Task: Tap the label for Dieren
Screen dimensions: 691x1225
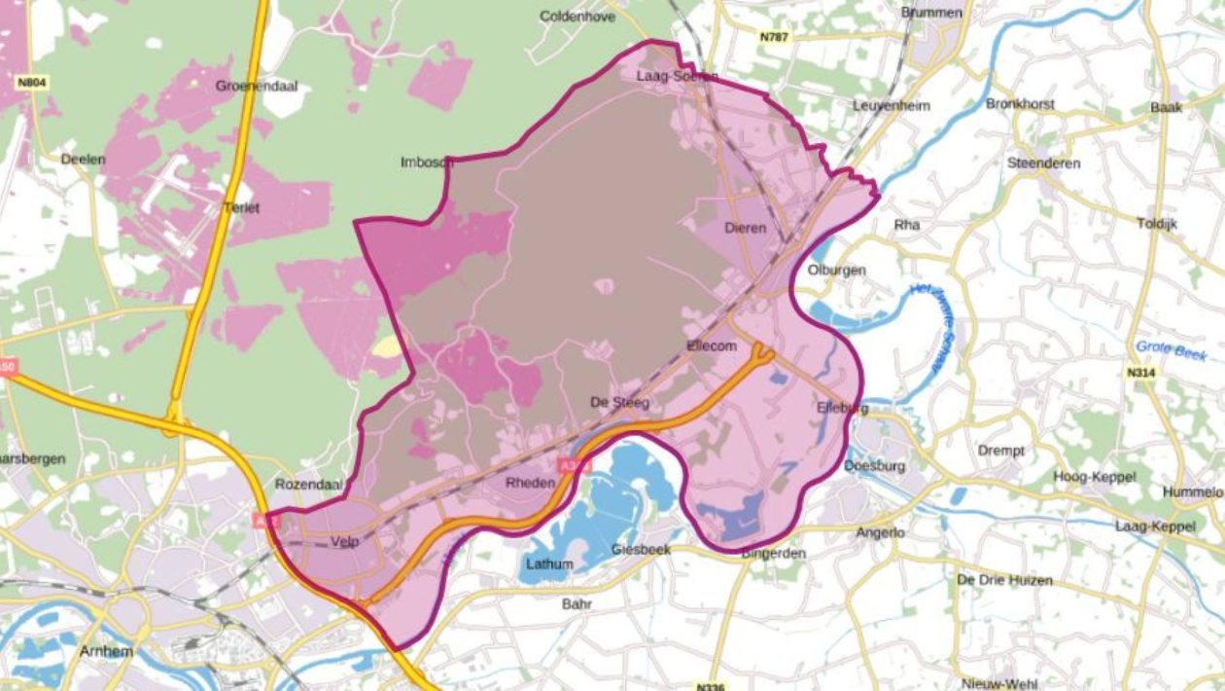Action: [x=746, y=228]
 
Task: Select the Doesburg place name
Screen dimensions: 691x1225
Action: [x=874, y=465]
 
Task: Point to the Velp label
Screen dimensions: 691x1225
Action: [x=345, y=541]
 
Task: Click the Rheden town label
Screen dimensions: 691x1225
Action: [x=529, y=483]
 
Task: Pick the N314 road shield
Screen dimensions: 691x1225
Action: [x=1141, y=373]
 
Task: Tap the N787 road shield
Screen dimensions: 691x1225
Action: [x=775, y=37]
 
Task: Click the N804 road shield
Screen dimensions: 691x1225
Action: [x=31, y=83]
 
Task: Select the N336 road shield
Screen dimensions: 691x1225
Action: [x=711, y=686]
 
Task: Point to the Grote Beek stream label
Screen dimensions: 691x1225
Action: [x=1171, y=350]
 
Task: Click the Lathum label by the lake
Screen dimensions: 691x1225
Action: [x=549, y=564]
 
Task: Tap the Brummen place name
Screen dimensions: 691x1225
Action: [x=931, y=13]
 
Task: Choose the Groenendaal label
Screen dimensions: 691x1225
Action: [x=257, y=86]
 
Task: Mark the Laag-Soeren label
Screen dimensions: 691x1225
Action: [x=677, y=76]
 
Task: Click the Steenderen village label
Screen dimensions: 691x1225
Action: [x=1044, y=163]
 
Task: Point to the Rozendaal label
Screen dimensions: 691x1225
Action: [x=304, y=484]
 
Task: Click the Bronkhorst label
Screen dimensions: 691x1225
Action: [x=1019, y=103]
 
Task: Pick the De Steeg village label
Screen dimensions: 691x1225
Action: [x=619, y=402]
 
